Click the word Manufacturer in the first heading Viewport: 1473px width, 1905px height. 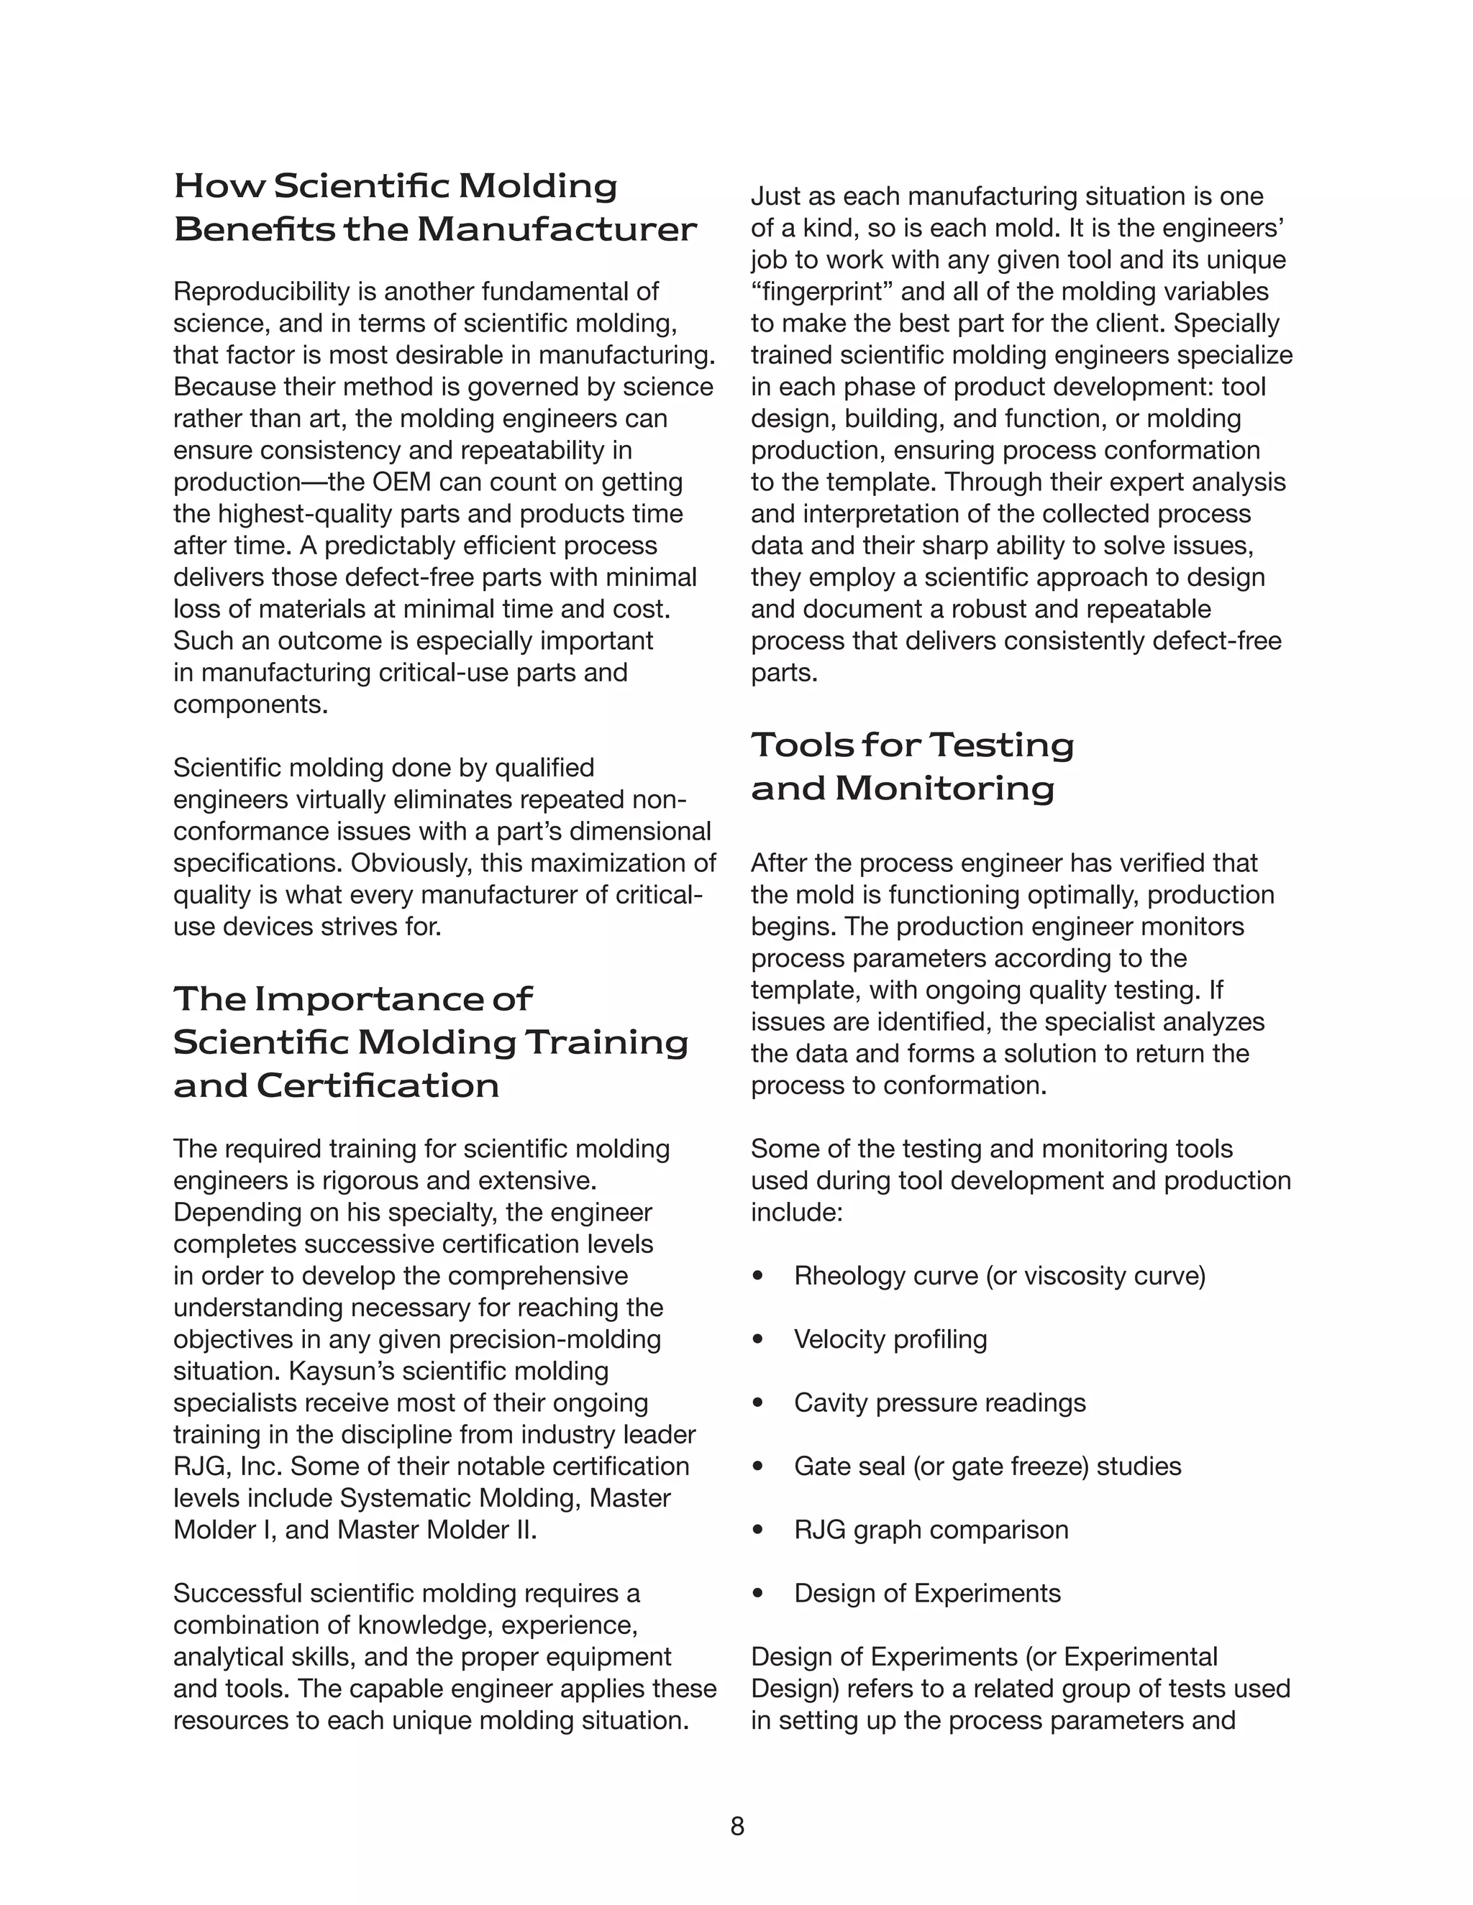point(556,229)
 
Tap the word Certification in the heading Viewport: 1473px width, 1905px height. point(377,1086)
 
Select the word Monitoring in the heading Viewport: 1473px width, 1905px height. point(944,789)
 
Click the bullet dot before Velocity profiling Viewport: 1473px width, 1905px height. point(757,1340)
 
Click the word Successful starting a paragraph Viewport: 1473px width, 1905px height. point(237,1594)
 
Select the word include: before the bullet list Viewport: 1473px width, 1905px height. point(797,1213)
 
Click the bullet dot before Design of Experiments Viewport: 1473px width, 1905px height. point(757,1594)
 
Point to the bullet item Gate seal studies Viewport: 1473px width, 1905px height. point(986,1466)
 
